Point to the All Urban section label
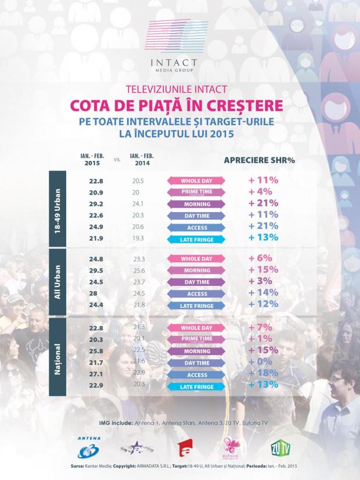[x=56, y=282]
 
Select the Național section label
[x=56, y=356]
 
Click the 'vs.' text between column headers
[x=117, y=159]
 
